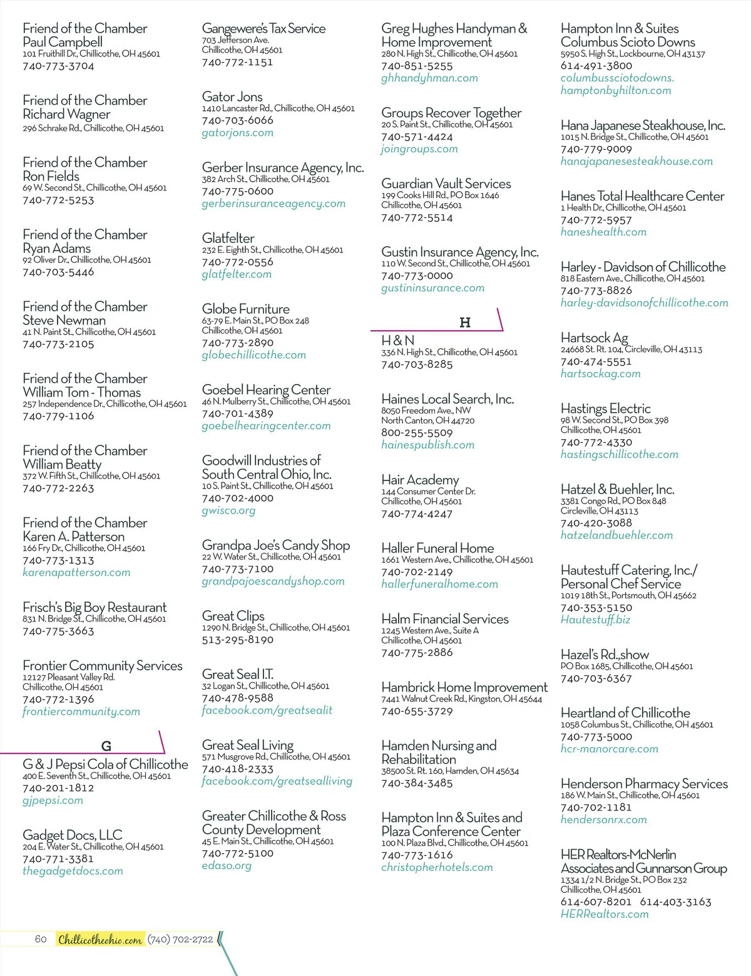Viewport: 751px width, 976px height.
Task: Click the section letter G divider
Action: pyautogui.click(x=106, y=746)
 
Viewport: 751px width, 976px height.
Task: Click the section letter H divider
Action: pyautogui.click(x=464, y=323)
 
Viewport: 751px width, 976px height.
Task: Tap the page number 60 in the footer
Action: pyautogui.click(x=41, y=939)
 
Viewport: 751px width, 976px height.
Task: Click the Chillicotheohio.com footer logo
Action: pyautogui.click(x=100, y=939)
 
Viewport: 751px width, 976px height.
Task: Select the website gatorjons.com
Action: pyautogui.click(x=237, y=133)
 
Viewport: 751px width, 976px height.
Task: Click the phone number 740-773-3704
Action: pyautogui.click(x=58, y=66)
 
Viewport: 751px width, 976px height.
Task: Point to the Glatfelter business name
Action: pyautogui.click(x=228, y=238)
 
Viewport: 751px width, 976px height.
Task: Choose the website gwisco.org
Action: pyautogui.click(x=228, y=511)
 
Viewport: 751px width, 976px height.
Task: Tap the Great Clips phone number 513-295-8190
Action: pyautogui.click(x=237, y=640)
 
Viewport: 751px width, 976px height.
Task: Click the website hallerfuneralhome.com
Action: pyautogui.click(x=439, y=584)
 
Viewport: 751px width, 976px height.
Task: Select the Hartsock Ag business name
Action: pyautogui.click(x=594, y=338)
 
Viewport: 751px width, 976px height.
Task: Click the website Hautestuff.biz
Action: pyautogui.click(x=595, y=620)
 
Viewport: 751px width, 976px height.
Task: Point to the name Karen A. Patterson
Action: pyautogui.click(x=73, y=537)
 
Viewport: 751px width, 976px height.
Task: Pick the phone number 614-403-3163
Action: pyautogui.click(x=675, y=902)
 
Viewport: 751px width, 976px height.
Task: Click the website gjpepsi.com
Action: pyautogui.click(x=53, y=800)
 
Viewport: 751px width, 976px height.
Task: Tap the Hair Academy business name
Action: pyautogui.click(x=420, y=480)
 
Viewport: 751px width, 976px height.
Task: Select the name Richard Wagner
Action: pyautogui.click(x=66, y=114)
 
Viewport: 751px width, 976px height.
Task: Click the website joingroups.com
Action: pyautogui.click(x=419, y=149)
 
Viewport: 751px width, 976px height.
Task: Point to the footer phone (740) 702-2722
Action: pyautogui.click(x=180, y=939)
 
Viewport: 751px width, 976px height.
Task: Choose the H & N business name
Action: pyautogui.click(x=397, y=340)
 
